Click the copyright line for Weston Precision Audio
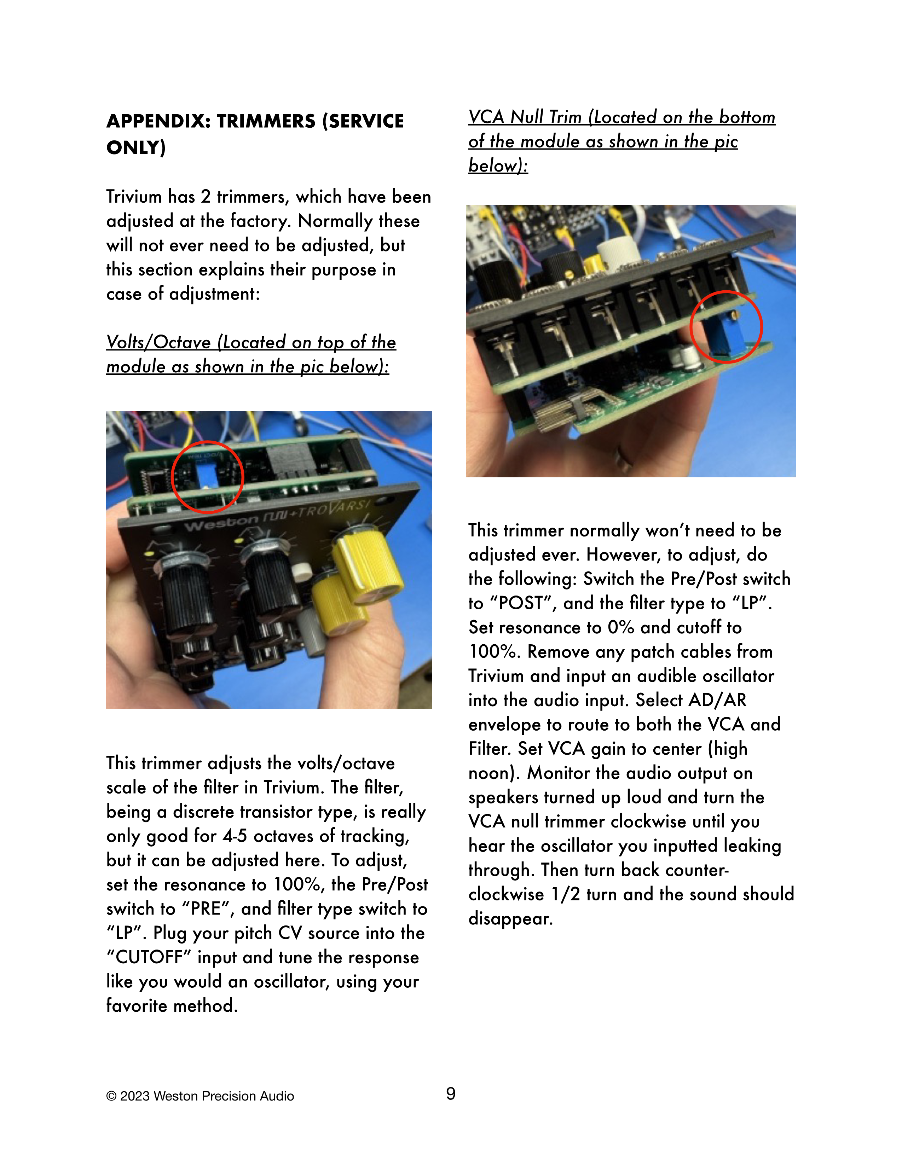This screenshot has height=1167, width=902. pyautogui.click(x=200, y=1096)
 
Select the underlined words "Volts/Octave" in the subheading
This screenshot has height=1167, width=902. pyautogui.click(x=159, y=342)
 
